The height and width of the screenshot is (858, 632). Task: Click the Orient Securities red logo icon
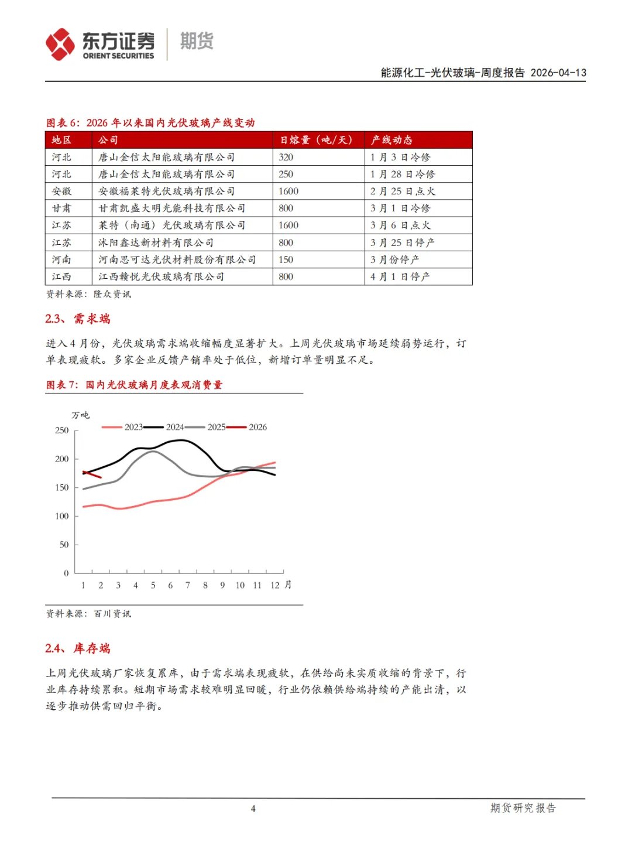(60, 45)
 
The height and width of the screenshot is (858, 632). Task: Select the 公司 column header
(108, 140)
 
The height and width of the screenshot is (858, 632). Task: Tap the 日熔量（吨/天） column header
(316, 140)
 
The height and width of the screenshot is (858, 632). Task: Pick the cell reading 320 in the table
(286, 157)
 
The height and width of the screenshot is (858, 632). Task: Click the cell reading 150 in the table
(286, 259)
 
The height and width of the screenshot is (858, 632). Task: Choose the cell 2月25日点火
(403, 191)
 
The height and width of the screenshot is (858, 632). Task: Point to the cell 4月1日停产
(400, 276)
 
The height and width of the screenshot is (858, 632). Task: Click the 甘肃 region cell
(61, 208)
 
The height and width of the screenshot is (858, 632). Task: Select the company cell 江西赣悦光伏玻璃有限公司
(161, 276)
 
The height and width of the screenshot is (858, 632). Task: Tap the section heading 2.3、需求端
(78, 319)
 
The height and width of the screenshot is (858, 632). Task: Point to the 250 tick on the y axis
(62, 430)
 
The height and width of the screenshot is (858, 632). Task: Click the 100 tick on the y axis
(62, 516)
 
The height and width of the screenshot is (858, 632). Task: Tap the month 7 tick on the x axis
(188, 585)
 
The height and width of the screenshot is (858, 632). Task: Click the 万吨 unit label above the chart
(81, 415)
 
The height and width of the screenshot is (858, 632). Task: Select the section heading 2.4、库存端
(78, 648)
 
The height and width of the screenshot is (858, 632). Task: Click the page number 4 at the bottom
(253, 809)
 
